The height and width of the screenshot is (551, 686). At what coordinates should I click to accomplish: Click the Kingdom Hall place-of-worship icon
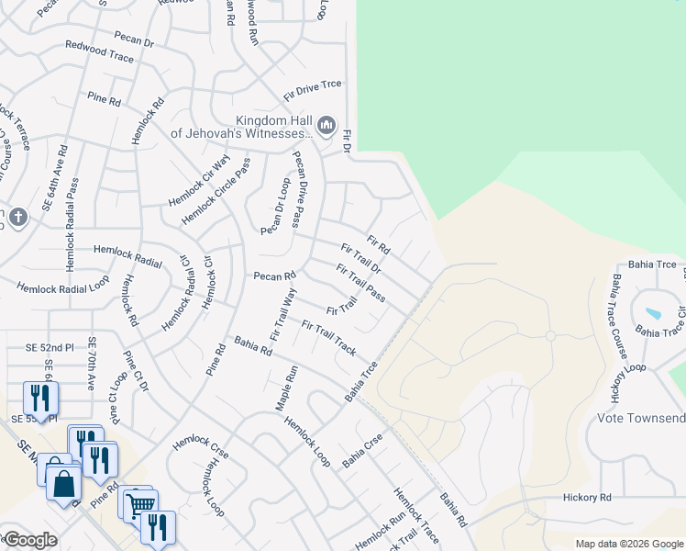coord(326,124)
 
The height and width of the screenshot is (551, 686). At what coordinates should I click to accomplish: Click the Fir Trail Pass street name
coord(360,283)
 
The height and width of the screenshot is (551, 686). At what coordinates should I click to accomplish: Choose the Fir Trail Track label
coord(328,338)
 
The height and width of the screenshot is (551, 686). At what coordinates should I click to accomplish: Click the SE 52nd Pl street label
coord(50,347)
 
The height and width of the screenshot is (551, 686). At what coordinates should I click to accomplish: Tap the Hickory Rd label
coord(586,498)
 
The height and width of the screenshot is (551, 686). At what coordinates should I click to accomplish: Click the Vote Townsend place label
coord(641,419)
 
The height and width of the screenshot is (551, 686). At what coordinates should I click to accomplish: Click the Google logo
coord(29,540)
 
